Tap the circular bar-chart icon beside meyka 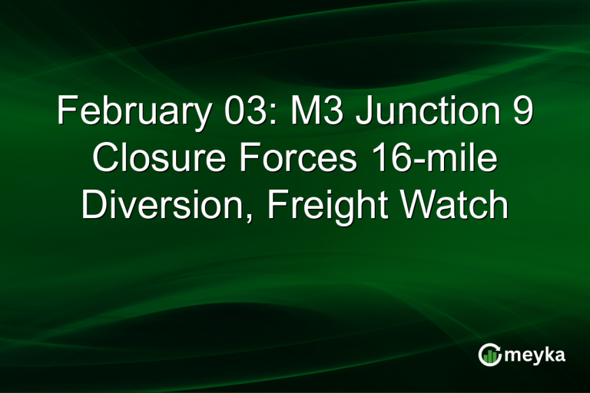tap(490, 355)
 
